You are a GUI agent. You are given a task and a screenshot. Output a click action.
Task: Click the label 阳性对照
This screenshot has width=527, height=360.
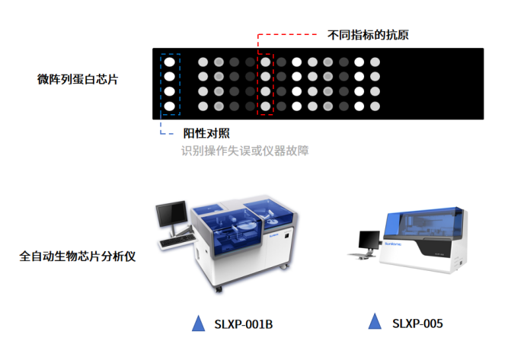click(x=206, y=133)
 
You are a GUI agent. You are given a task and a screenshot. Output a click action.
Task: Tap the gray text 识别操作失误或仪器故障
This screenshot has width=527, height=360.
click(x=244, y=151)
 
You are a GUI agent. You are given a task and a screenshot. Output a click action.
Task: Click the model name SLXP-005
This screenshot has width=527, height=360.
click(x=417, y=323)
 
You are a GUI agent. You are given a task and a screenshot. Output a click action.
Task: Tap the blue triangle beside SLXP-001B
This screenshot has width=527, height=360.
click(x=199, y=323)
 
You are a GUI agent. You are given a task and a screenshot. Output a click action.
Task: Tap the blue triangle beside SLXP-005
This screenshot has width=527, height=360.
click(x=374, y=322)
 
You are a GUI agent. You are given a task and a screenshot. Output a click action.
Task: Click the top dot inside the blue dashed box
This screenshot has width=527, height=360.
click(x=171, y=62)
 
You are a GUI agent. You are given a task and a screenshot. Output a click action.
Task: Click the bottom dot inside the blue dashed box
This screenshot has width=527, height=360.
click(x=171, y=106)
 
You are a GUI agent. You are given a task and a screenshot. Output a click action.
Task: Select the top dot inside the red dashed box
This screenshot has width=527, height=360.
click(x=266, y=62)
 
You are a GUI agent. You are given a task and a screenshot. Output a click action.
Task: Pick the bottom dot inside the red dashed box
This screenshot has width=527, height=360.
click(x=266, y=106)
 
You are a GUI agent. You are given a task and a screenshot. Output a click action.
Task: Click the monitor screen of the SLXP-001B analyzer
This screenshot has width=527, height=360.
click(x=171, y=211)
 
